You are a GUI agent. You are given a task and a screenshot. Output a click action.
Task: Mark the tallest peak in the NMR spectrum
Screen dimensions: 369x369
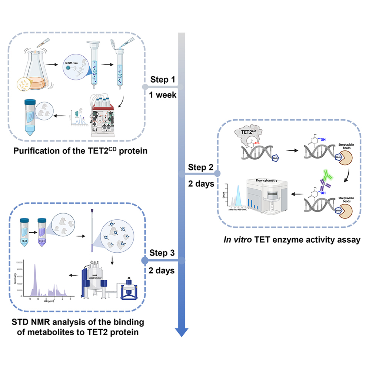(x=35, y=266)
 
